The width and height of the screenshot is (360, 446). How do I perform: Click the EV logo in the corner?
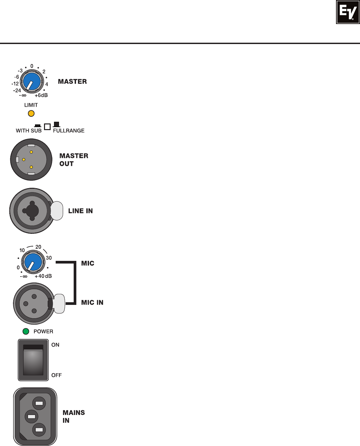pyautogui.click(x=348, y=12)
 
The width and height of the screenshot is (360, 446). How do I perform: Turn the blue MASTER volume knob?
pyautogui.click(x=32, y=81)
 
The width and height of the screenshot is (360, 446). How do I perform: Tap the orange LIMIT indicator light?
pyautogui.click(x=31, y=113)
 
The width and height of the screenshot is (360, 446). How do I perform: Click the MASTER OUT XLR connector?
pyautogui.click(x=31, y=159)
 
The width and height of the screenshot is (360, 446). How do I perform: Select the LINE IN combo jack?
pyautogui.click(x=32, y=211)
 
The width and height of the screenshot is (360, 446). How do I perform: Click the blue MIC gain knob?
pyautogui.click(x=33, y=262)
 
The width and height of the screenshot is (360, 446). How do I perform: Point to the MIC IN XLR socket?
pyautogui.click(x=34, y=304)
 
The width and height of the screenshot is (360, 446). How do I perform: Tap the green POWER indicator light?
pyautogui.click(x=26, y=331)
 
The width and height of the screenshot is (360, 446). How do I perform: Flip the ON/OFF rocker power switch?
pyautogui.click(x=33, y=360)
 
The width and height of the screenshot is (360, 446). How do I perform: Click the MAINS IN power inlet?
pyautogui.click(x=35, y=416)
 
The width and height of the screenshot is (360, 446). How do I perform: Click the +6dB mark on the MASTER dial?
pyautogui.click(x=41, y=95)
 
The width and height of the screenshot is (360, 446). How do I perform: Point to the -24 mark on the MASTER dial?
pyautogui.click(x=17, y=90)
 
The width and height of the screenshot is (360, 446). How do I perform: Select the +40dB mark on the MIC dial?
pyautogui.click(x=43, y=276)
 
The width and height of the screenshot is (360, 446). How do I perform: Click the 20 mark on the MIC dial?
pyautogui.click(x=38, y=247)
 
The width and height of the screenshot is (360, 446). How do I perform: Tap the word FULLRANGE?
pyautogui.click(x=69, y=131)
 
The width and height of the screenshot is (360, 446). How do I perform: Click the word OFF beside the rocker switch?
pyautogui.click(x=56, y=375)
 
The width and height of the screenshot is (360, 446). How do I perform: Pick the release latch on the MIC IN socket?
pyautogui.click(x=59, y=304)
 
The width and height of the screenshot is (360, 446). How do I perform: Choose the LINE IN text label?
pyautogui.click(x=80, y=211)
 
